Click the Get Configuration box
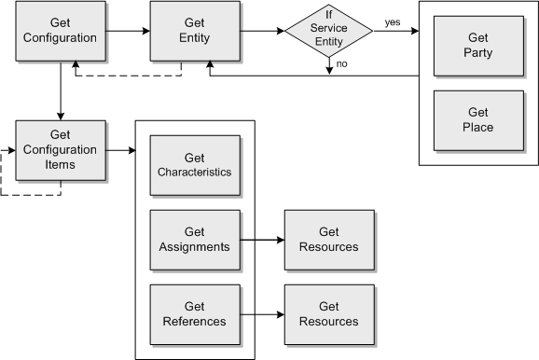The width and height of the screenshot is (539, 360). pyautogui.click(x=59, y=32)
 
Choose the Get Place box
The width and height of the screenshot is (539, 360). pyautogui.click(x=477, y=119)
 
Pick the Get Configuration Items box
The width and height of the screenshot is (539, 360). pyautogui.click(x=60, y=149)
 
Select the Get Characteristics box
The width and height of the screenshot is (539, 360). pyautogui.click(x=194, y=165)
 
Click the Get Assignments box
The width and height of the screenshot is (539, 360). pyautogui.click(x=194, y=240)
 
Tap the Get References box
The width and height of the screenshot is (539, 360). pyautogui.click(x=194, y=313)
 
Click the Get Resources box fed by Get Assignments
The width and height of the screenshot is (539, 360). pyautogui.click(x=328, y=240)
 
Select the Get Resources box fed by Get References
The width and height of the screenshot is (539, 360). pyautogui.click(x=328, y=313)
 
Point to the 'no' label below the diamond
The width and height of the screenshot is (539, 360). pyautogui.click(x=343, y=64)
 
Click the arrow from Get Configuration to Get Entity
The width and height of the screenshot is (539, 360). pyautogui.click(x=127, y=32)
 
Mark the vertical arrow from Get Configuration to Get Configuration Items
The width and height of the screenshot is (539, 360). pyautogui.click(x=60, y=91)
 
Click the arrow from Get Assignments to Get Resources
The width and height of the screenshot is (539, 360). pyautogui.click(x=261, y=240)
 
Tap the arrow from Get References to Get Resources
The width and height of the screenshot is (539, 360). pyautogui.click(x=261, y=313)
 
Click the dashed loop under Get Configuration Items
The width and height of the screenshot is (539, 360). pyautogui.click(x=28, y=194)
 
